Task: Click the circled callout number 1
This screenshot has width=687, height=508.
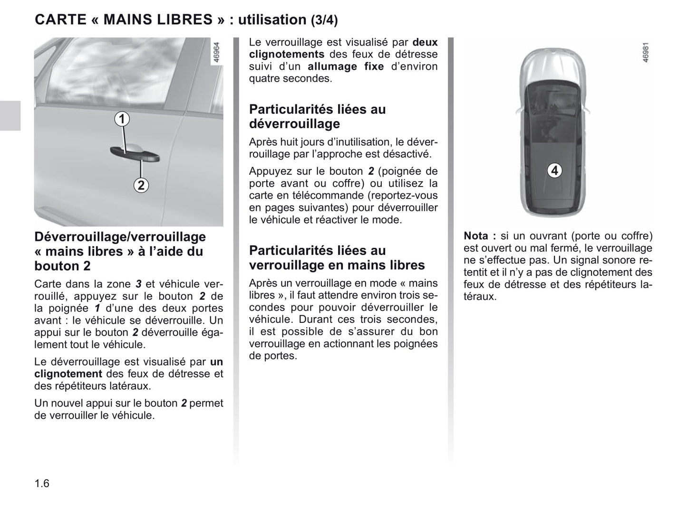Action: point(122,118)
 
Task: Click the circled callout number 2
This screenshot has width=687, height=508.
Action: point(141,185)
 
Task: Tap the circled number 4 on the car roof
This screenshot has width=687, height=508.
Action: point(554,170)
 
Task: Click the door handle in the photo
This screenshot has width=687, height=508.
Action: point(135,153)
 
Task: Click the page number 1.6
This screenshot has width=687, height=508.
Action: point(42,483)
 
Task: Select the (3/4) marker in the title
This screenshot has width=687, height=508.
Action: point(324,20)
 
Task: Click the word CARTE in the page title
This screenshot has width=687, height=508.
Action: point(60,19)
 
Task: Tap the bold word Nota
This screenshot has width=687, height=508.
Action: point(476,236)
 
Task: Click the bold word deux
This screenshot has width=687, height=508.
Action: point(425,42)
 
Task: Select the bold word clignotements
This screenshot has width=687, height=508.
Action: point(287,55)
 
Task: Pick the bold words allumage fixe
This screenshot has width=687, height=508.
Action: point(346,66)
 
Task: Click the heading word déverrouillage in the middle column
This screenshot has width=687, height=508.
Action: point(294,124)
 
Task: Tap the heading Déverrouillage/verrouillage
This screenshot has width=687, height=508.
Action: point(120,237)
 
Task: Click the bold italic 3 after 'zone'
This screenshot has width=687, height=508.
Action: point(138,284)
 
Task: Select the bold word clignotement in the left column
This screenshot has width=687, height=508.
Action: point(68,374)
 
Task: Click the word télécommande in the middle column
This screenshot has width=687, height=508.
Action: point(325,196)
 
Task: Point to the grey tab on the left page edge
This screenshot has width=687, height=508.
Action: point(10,115)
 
